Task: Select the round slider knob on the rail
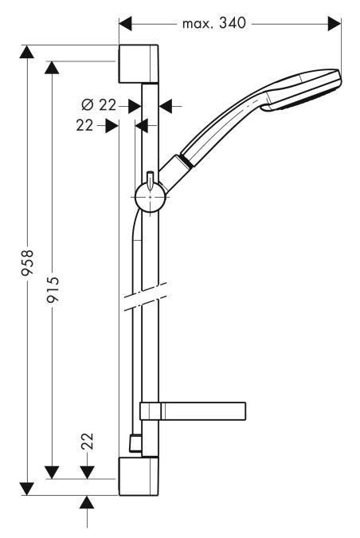(149, 195)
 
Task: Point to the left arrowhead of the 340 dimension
(125, 24)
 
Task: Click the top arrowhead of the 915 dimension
(53, 67)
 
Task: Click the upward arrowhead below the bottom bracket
(88, 502)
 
